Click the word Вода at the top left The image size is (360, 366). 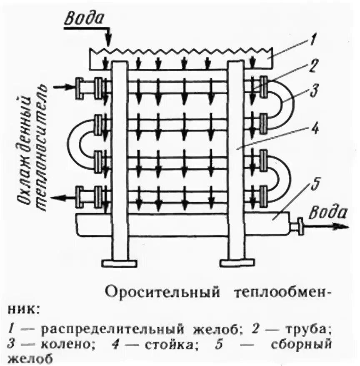pyautogui.click(x=83, y=19)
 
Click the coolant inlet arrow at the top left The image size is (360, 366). pyautogui.click(x=63, y=87)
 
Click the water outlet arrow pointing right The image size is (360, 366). pyautogui.click(x=329, y=226)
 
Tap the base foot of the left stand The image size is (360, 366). pyautogui.click(x=120, y=263)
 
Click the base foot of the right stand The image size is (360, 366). pyautogui.click(x=237, y=263)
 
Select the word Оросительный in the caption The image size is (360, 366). pyautogui.click(x=162, y=292)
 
